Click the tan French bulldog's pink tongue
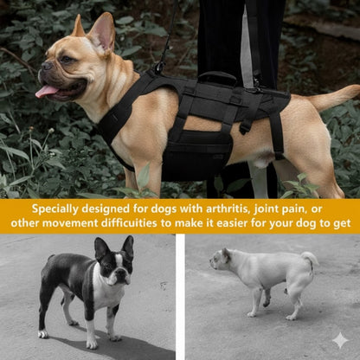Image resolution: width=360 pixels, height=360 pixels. tap(46, 91)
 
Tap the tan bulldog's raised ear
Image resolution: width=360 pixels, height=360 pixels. tap(102, 32)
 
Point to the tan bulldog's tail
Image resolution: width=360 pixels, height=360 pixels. tap(334, 98)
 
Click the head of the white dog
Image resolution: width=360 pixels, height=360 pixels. tap(220, 259)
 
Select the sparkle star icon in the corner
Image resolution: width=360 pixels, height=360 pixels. tap(340, 340)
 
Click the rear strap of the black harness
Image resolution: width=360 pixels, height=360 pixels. tap(275, 130)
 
